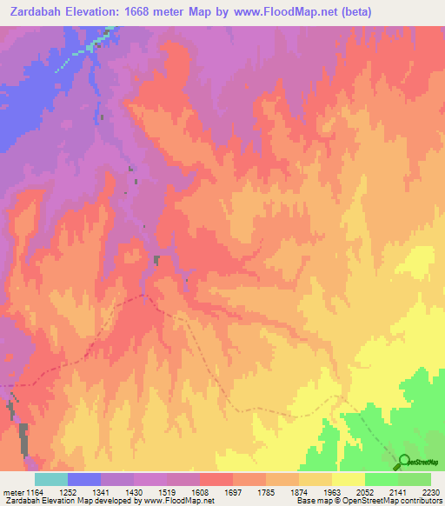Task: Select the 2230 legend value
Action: point(431,491)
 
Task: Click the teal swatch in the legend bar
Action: point(51,479)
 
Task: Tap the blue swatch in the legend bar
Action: point(84,479)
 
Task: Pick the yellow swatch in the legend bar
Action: point(349,479)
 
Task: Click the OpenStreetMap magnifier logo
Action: point(405,463)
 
